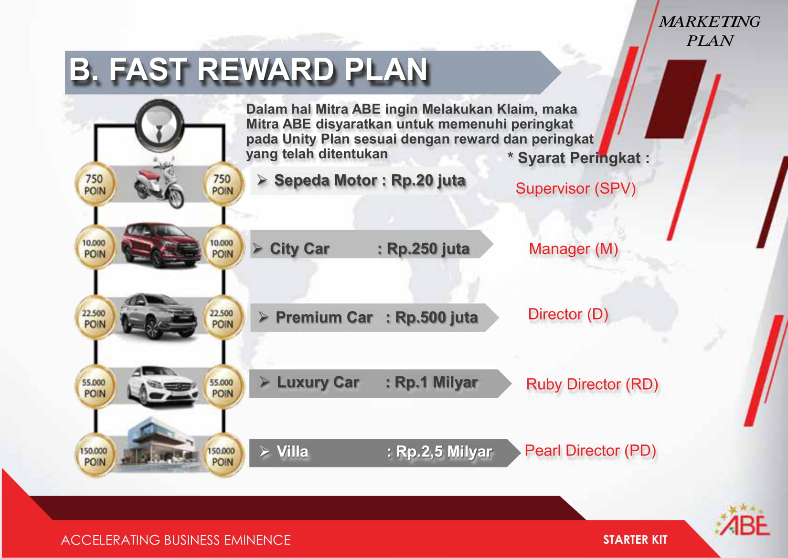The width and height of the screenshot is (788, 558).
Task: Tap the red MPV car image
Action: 160,245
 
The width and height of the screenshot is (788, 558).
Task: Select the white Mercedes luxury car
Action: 162,386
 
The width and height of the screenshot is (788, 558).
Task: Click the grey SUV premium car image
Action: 158,316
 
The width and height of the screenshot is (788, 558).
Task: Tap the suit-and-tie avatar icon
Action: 160,125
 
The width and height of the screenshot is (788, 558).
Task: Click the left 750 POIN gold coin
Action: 95,184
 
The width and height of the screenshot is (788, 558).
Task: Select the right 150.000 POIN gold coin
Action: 223,456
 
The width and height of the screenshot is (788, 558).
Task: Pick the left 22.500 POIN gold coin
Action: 95,318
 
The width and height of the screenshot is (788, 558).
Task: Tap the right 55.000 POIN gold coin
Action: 223,387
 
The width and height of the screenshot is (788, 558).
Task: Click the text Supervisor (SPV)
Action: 575,189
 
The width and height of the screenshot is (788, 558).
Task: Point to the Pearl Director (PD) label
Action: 590,451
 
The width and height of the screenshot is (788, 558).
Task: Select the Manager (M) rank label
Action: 574,249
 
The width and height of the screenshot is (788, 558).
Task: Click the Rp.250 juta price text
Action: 428,249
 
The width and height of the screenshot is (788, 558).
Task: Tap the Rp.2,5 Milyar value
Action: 444,452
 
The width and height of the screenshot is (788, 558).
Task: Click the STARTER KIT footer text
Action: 635,540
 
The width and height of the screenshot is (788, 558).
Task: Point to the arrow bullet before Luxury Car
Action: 265,382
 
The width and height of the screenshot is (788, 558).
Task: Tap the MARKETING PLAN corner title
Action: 710,31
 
